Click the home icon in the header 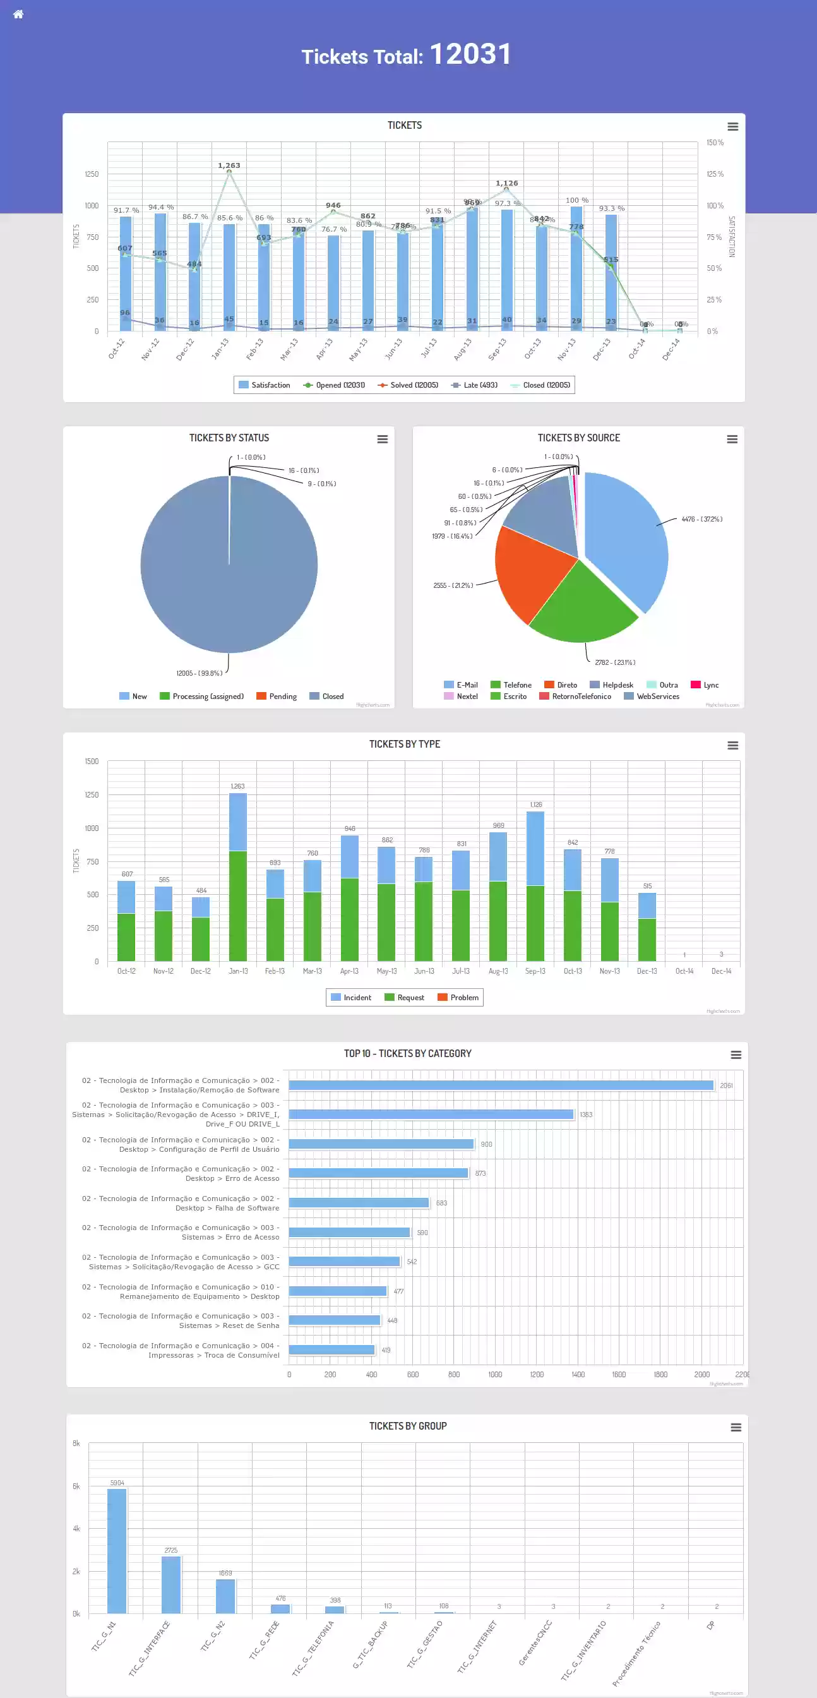pyautogui.click(x=18, y=15)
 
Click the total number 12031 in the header pyautogui.click(x=470, y=54)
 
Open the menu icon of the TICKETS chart pyautogui.click(x=732, y=126)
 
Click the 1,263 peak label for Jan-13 pyautogui.click(x=229, y=165)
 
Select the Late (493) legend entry pyautogui.click(x=474, y=385)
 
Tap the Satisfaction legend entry pyautogui.click(x=264, y=385)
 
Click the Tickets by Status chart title pyautogui.click(x=229, y=438)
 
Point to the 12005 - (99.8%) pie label pyautogui.click(x=199, y=673)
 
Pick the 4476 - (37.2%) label pyautogui.click(x=701, y=520)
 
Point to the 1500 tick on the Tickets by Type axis pyautogui.click(x=92, y=762)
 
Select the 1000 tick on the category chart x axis pyautogui.click(x=495, y=1374)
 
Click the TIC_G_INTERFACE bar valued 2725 pyautogui.click(x=171, y=1584)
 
